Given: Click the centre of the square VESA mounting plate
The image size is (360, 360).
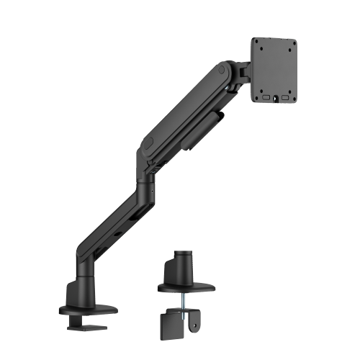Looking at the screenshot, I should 275,70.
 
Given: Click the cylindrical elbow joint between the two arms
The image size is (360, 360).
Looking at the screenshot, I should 149,180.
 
